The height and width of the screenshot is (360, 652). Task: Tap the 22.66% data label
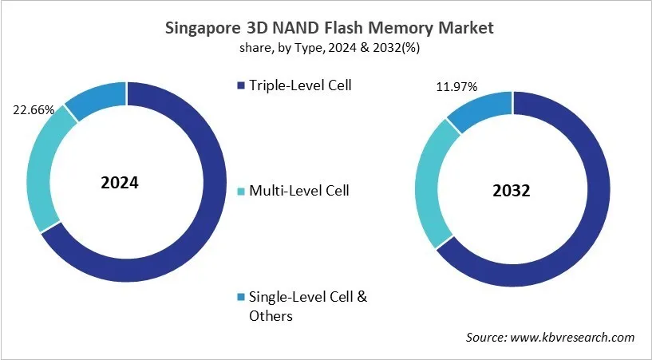pyautogui.click(x=34, y=110)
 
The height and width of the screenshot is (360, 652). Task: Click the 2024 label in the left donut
pyautogui.click(x=120, y=183)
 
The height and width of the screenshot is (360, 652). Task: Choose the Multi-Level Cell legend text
pyautogui.click(x=299, y=191)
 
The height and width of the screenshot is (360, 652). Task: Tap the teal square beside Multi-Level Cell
pyautogui.click(x=241, y=192)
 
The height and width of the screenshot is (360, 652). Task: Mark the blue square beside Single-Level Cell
pyautogui.click(x=241, y=298)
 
